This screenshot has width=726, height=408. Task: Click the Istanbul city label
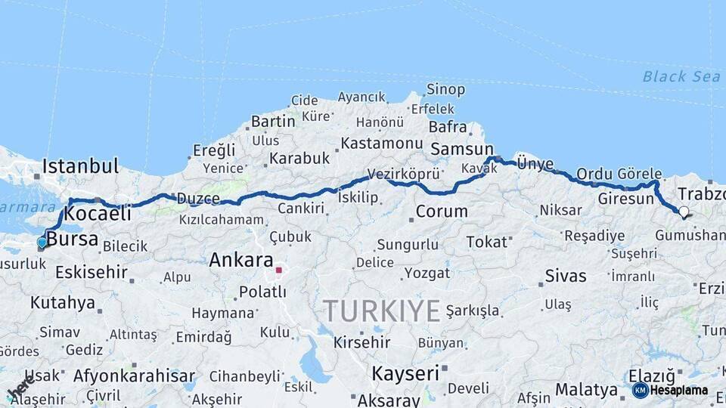[81, 166]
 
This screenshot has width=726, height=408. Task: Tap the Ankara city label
[240, 261]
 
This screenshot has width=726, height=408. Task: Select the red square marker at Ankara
[279, 269]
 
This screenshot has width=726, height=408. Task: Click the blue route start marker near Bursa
[42, 243]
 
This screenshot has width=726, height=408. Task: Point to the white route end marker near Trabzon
[684, 212]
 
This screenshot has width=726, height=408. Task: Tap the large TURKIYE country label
[382, 311]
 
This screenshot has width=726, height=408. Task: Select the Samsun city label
[461, 150]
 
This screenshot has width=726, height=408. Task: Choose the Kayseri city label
[405, 373]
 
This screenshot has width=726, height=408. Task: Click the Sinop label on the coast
[445, 90]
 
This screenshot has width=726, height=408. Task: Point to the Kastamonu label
[381, 143]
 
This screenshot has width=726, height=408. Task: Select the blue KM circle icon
[641, 391]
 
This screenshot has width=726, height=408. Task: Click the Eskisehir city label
[91, 271]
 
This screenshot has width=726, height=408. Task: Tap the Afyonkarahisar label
[135, 376]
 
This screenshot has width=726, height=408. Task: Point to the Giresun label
[625, 199]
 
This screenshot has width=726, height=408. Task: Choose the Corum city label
[442, 212]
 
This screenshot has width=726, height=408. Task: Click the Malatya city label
[586, 390]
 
